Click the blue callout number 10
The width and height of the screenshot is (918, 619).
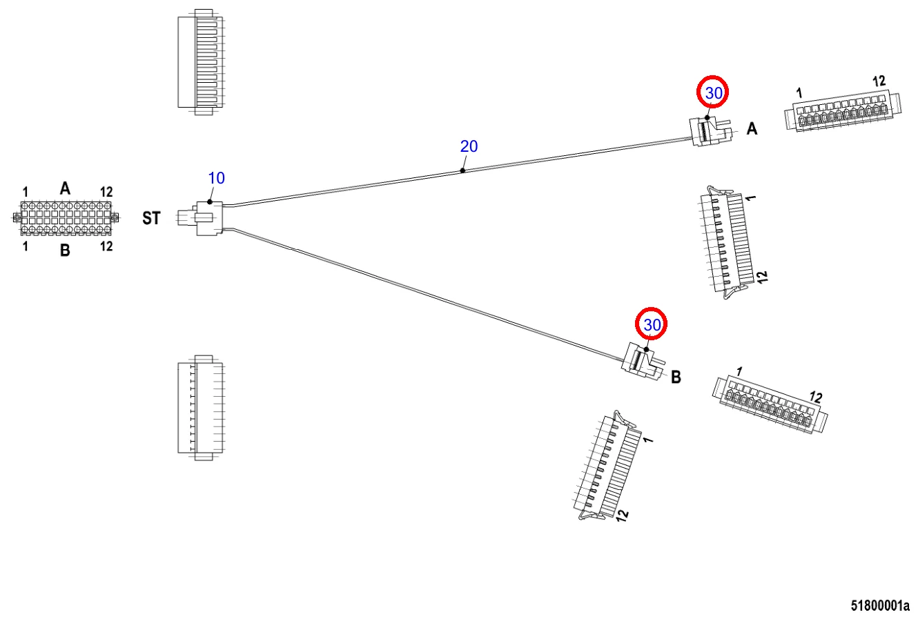point(216,178)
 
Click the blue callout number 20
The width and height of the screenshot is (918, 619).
point(469,146)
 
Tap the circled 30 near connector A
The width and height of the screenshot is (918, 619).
point(713,92)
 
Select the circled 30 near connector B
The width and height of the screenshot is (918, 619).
point(652,324)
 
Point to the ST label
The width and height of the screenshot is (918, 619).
point(151,219)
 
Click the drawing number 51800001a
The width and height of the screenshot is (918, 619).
point(879,606)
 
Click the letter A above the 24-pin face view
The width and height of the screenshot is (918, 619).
point(65,188)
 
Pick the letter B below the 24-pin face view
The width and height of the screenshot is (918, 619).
point(65,250)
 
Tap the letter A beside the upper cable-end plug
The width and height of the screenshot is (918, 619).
point(752,128)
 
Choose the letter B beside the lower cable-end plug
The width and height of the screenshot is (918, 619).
point(676,377)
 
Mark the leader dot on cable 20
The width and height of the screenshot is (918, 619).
point(462,170)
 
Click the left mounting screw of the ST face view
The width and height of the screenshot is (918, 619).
point(17,218)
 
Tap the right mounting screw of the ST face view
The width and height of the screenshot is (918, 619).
point(115,218)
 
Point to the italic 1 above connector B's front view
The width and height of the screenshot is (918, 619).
point(739,372)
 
